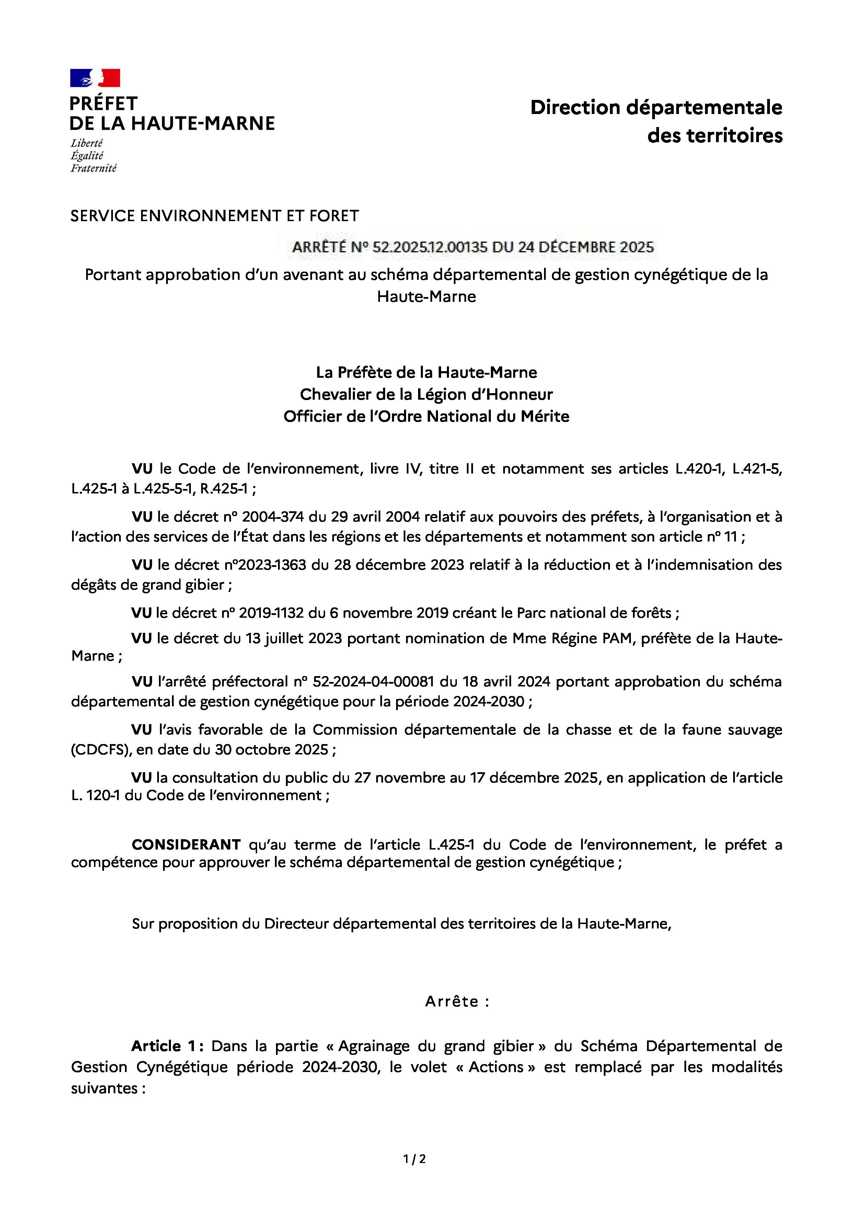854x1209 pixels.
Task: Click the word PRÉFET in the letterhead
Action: [x=103, y=103]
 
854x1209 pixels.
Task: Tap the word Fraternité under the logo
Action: [x=93, y=169]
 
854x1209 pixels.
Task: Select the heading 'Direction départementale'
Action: [x=656, y=107]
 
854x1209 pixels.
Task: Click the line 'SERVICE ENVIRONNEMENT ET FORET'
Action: [x=214, y=216]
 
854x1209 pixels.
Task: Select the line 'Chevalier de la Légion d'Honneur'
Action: [x=426, y=395]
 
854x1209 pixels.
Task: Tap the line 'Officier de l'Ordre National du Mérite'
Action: [x=426, y=417]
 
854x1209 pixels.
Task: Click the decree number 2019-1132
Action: [x=271, y=613]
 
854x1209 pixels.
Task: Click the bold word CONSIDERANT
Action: [x=186, y=845]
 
